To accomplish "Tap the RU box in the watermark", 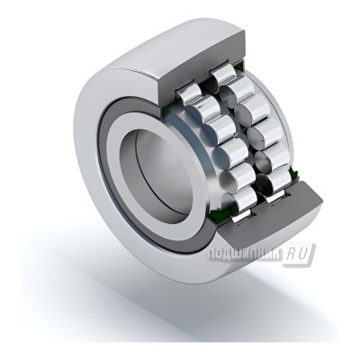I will pos(300,255).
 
